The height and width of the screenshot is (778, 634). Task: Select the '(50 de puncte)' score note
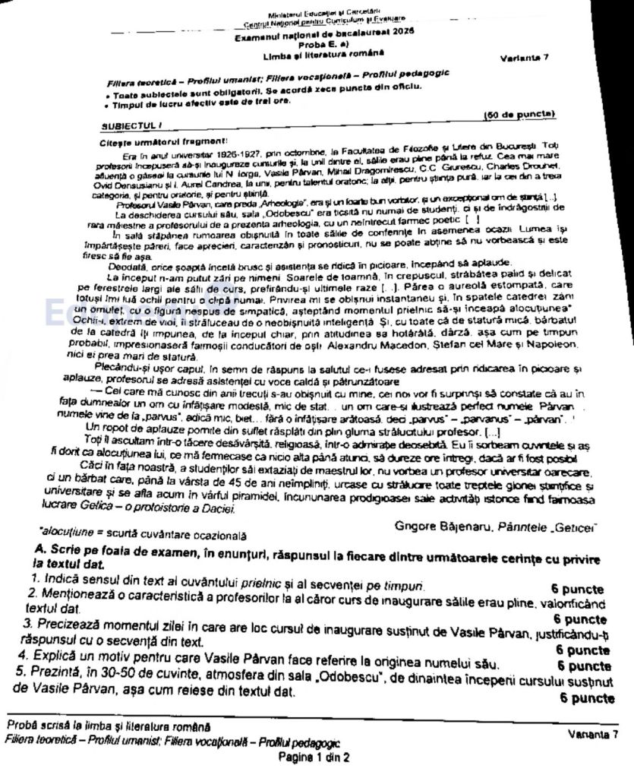coord(520,115)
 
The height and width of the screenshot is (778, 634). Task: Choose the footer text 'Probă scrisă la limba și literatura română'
coord(108,726)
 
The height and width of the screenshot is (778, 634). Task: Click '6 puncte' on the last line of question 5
coord(587,697)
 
